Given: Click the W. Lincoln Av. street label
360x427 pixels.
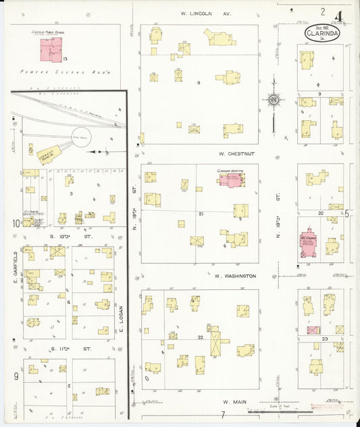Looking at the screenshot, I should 206,13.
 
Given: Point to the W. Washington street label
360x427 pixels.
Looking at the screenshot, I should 234,276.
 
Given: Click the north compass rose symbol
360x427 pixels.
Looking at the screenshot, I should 274,101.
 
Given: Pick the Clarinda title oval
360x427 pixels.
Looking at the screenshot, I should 322,31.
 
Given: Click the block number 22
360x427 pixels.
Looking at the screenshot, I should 200,336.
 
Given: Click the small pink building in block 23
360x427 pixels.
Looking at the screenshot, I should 313,330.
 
